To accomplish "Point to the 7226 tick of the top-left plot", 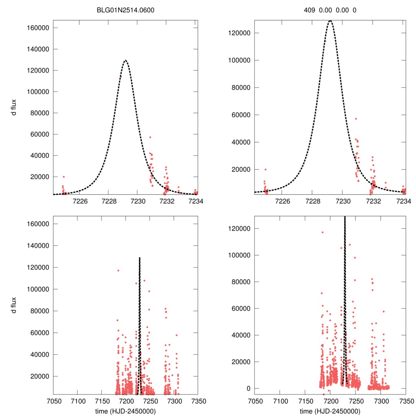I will (80, 201).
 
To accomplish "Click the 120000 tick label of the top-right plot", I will (239, 33).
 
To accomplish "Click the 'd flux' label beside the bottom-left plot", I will (14, 305).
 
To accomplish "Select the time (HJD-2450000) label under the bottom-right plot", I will (330, 411).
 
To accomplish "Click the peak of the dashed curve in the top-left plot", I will (126, 61).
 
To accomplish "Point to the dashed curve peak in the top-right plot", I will (330, 20).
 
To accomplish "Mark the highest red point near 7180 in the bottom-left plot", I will (118, 271).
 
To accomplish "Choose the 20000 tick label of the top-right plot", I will (241, 169).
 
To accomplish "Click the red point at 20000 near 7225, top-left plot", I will (63, 177).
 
